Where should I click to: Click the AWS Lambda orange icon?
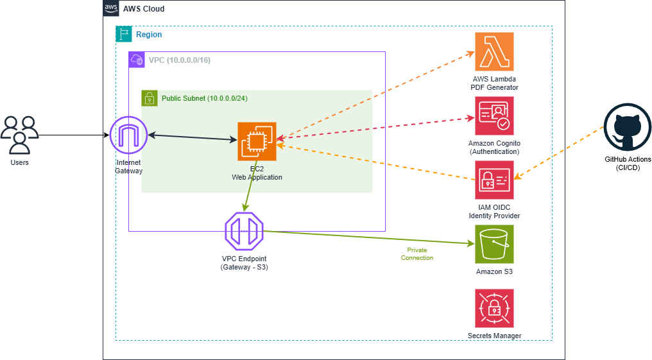494,52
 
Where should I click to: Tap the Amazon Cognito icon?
494,116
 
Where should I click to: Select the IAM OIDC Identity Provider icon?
494,180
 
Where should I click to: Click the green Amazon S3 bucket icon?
494,244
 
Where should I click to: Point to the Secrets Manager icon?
494,309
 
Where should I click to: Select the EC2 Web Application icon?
257,142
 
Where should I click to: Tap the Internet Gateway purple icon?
128,135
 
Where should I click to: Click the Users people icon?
19,135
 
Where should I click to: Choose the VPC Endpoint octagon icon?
244,232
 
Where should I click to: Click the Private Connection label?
417,254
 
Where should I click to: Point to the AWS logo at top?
110,8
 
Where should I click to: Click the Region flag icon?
123,34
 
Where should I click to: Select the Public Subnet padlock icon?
149,98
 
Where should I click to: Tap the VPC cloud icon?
137,60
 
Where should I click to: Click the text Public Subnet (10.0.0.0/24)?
204,98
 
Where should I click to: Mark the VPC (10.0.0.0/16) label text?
180,60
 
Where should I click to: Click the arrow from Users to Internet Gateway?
74,135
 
